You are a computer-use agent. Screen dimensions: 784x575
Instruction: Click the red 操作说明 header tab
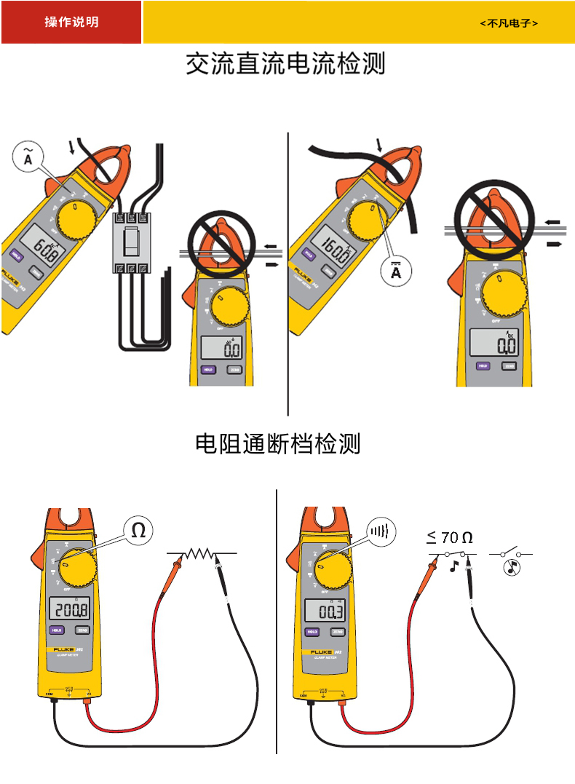(71, 23)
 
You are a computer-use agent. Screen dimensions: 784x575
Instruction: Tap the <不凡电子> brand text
(509, 23)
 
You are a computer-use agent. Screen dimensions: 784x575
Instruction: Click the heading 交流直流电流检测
(285, 64)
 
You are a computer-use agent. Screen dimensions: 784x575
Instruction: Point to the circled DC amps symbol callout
(396, 272)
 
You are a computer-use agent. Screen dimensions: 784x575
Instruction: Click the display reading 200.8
(72, 610)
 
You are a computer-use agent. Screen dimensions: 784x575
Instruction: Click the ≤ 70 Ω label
(450, 538)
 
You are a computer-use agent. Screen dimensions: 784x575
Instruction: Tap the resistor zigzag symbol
(199, 554)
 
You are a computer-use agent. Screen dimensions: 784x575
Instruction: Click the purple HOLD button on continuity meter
(312, 632)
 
